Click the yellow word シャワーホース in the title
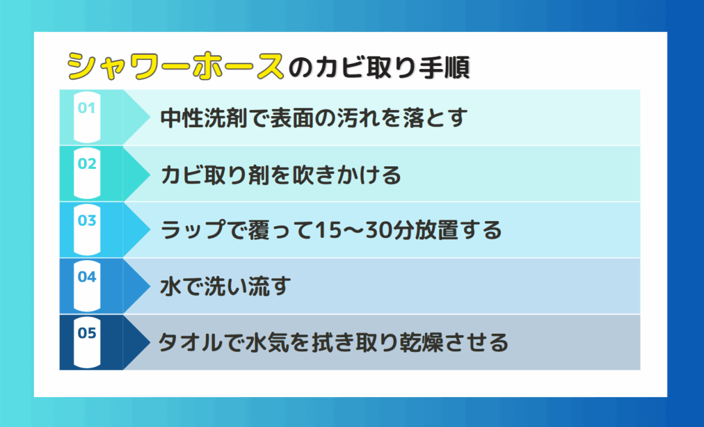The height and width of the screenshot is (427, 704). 175,67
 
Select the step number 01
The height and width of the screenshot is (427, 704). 87,108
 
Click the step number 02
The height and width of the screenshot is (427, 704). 87,164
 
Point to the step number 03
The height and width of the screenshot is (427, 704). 87,220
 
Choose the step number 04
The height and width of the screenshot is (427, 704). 87,276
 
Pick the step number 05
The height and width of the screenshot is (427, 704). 87,332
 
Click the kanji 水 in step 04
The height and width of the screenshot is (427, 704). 171,287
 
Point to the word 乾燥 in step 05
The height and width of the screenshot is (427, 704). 420,343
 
